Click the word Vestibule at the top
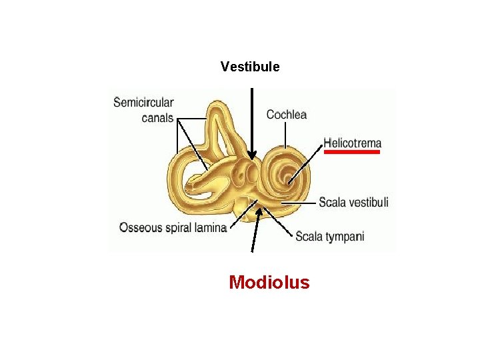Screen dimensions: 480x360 coord(250,67)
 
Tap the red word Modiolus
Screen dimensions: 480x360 coord(269,283)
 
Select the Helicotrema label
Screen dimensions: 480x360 coord(353,143)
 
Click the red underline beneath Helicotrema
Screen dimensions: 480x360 coord(352,152)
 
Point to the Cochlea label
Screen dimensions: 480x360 coord(287,115)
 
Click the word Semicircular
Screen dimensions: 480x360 coord(143,103)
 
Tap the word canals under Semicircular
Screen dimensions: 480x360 coord(157,118)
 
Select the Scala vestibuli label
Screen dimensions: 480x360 coord(353,202)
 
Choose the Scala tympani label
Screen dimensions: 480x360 coord(329,237)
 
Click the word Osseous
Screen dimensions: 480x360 coord(141,228)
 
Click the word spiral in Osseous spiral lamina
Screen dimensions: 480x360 coord(178,228)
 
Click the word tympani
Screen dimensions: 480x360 coord(345,237)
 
